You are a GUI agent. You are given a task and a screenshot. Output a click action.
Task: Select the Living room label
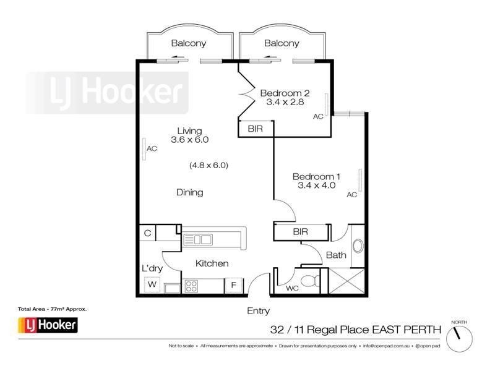click(x=189, y=130)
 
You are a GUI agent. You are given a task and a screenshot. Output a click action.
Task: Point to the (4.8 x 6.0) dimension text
click(x=209, y=165)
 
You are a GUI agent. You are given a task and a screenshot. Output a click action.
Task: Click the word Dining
click(x=189, y=192)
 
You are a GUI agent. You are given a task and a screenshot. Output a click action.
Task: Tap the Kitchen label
click(x=212, y=263)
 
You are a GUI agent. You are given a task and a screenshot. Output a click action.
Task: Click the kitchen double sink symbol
click(x=198, y=239)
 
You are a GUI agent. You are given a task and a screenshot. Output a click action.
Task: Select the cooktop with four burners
click(x=192, y=286)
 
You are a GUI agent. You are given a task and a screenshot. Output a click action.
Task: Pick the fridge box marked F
click(x=234, y=286)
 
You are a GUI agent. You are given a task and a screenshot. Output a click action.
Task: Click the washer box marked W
click(x=152, y=285)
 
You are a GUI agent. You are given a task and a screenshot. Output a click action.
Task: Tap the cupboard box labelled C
click(x=147, y=233)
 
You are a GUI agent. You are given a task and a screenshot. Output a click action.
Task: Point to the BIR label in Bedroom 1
click(x=300, y=232)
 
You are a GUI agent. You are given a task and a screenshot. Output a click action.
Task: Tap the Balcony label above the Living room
click(x=189, y=43)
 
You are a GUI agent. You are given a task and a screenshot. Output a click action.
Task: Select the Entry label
click(x=258, y=311)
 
